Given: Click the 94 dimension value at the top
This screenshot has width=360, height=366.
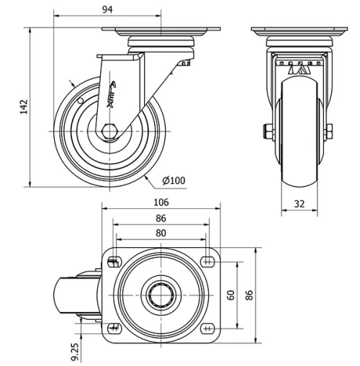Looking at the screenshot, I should [107, 9].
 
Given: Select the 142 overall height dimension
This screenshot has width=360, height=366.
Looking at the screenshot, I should [24, 107].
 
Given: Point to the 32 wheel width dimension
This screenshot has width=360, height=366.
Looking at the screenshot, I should [299, 203].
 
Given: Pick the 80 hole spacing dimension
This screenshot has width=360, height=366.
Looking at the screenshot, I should [161, 233].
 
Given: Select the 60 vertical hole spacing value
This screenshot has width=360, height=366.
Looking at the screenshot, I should [230, 295].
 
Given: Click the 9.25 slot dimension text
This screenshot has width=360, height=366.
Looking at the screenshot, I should [74, 351].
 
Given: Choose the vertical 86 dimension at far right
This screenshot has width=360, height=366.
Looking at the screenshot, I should [250, 295].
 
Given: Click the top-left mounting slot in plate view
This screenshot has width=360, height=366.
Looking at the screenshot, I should [113, 262].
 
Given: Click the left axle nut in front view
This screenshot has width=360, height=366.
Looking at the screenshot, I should [268, 131].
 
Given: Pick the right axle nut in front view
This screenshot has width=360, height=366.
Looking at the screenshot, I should [329, 131].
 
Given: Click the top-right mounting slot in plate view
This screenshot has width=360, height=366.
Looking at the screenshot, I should [208, 262].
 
